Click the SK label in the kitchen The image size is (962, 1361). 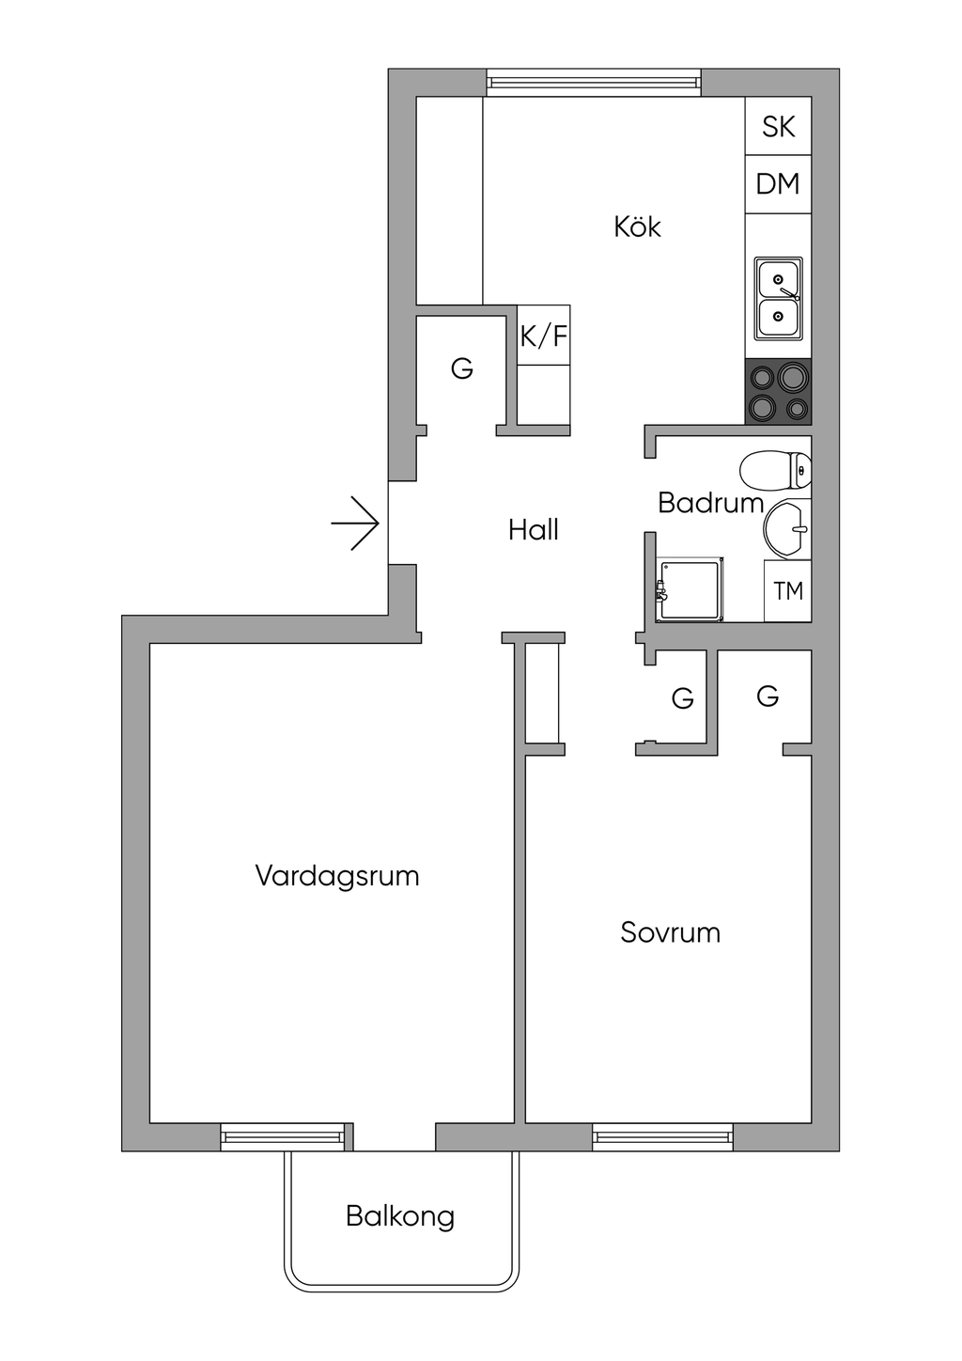tap(778, 126)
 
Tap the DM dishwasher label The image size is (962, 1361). tap(778, 183)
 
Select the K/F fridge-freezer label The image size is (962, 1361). tap(544, 336)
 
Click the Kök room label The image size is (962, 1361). tap(637, 227)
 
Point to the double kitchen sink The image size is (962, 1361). tap(779, 299)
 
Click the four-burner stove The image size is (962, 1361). tap(778, 392)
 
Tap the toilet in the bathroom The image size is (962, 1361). tap(775, 470)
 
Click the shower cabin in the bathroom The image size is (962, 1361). tap(691, 589)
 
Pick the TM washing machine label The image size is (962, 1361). tap(788, 590)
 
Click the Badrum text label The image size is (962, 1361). tap(710, 503)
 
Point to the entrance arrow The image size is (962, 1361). tap(355, 523)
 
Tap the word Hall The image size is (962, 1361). tap(533, 530)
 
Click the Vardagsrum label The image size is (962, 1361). tap(336, 876)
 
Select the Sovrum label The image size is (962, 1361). tap(670, 932)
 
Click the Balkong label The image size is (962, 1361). tap(400, 1216)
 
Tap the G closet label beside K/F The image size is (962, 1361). tap(461, 368)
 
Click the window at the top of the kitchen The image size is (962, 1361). tap(594, 83)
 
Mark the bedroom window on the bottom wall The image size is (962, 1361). tap(662, 1137)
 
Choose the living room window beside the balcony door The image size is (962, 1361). tap(283, 1137)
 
